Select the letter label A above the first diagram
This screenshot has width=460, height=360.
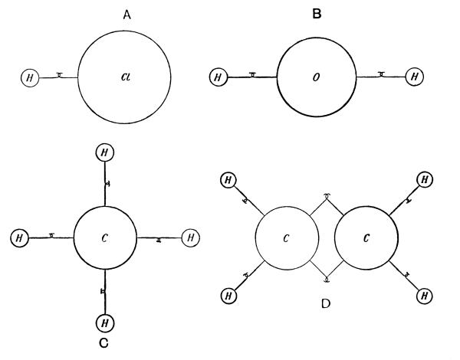[x=126, y=14]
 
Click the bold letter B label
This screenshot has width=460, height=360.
[x=317, y=14]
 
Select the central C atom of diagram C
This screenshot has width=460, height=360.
[x=106, y=237]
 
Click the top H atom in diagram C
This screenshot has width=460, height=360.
[x=106, y=152]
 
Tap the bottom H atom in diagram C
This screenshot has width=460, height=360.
[x=106, y=322]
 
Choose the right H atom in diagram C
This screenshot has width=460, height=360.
[x=190, y=237]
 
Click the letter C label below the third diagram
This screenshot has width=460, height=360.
[x=103, y=342]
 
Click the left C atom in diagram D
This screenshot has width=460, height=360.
[x=285, y=237]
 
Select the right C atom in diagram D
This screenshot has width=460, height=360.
[x=366, y=237]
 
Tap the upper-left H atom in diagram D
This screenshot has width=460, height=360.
[x=228, y=180]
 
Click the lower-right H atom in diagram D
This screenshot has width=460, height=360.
[x=424, y=294]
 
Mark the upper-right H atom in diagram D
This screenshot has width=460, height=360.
[x=424, y=181]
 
